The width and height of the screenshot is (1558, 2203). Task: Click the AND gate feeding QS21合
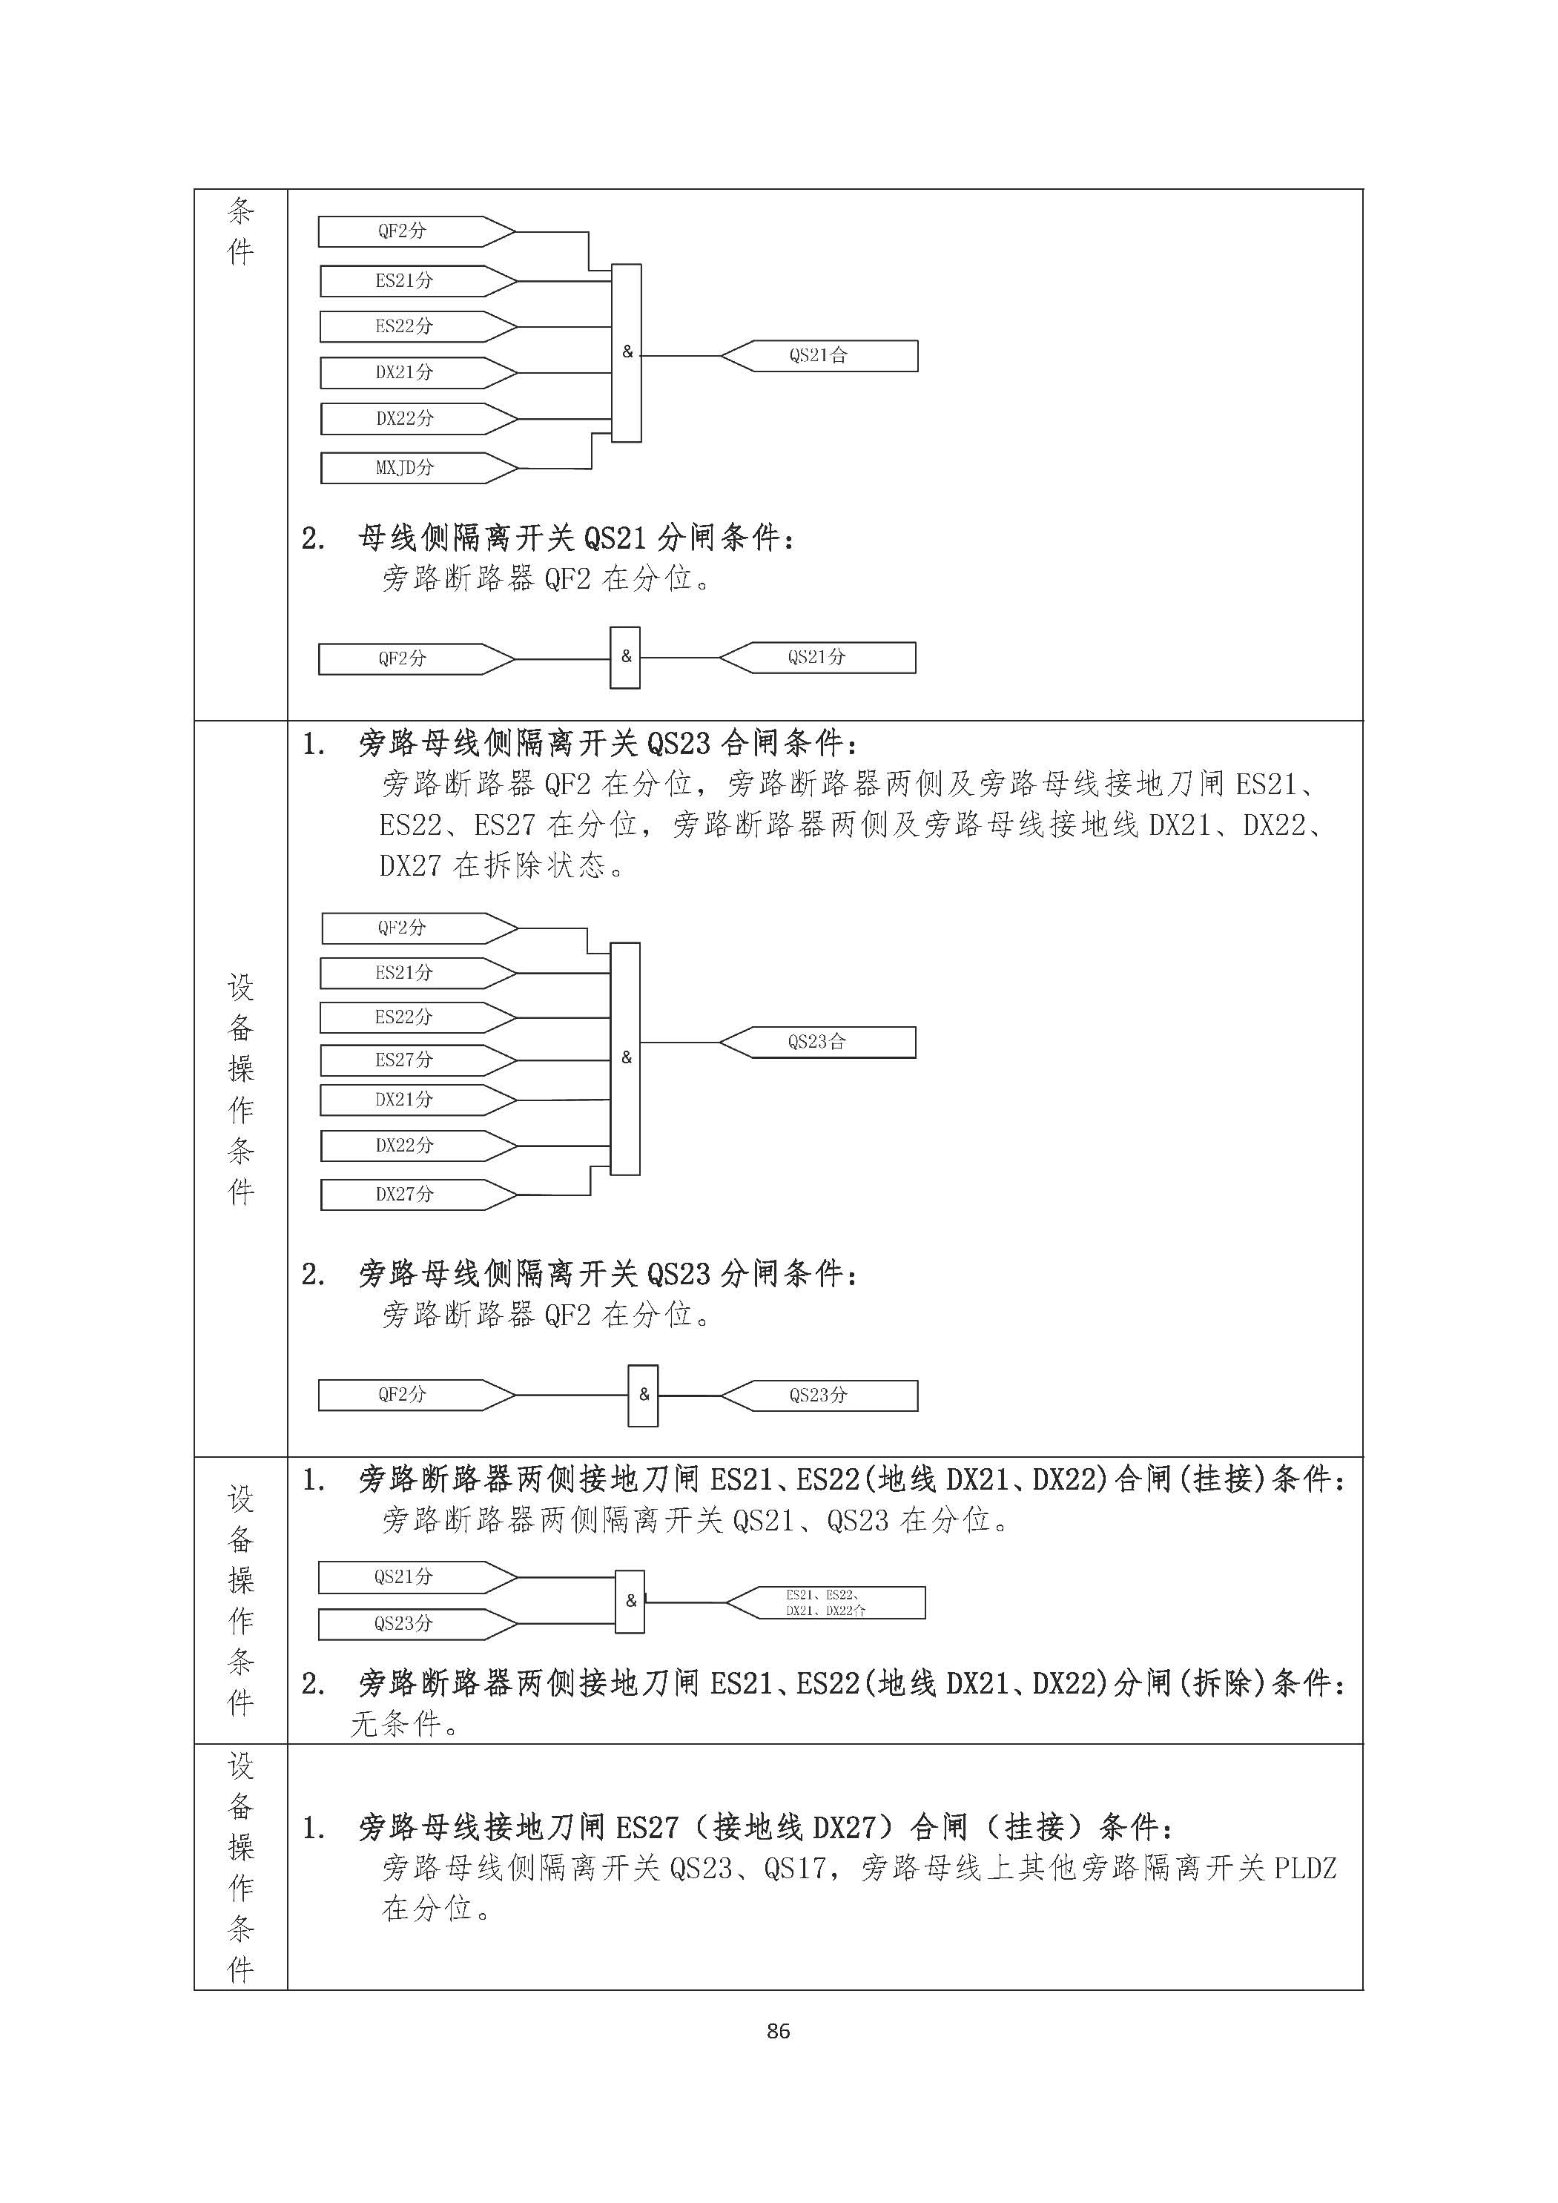point(627,352)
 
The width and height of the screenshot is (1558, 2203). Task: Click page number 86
point(778,2030)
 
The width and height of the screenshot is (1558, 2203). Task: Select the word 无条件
point(395,1724)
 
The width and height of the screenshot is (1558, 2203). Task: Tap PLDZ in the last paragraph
point(1304,1868)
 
